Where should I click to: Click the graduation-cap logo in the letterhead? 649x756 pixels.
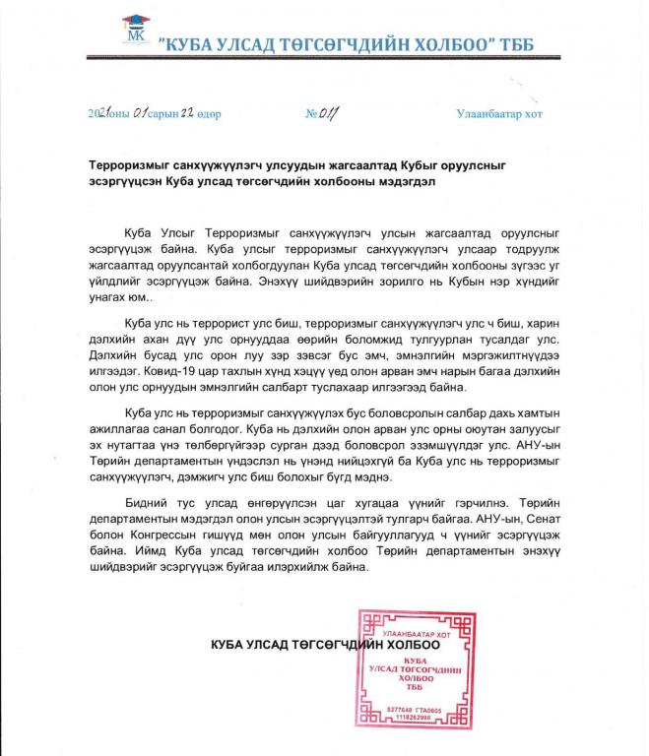[x=133, y=31]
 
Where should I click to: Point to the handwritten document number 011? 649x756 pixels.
[x=321, y=113]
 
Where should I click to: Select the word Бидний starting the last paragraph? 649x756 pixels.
[x=147, y=503]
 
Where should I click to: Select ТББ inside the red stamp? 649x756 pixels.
[x=415, y=688]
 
